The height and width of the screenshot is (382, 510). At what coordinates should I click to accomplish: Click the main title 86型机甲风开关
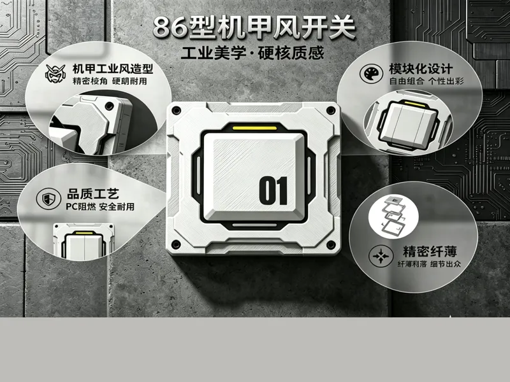254,27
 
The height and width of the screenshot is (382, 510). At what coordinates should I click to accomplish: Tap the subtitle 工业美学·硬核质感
252,53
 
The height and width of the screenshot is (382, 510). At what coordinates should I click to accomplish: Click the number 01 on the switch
273,190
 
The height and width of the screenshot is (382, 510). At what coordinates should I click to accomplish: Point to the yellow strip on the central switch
254,128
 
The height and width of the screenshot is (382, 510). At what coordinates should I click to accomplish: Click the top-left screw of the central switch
177,110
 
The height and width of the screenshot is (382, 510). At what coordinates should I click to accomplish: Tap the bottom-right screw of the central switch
331,244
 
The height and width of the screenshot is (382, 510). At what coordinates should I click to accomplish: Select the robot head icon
55,73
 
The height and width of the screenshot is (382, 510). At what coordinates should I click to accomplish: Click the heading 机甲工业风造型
113,69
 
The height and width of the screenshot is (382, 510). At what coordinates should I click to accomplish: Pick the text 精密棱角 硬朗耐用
110,81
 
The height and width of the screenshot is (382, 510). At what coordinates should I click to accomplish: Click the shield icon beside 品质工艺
48,199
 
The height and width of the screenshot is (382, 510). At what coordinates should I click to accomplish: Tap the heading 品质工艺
93,194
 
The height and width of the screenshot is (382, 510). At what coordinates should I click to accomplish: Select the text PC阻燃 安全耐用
100,206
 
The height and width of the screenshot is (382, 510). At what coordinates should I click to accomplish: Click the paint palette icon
371,73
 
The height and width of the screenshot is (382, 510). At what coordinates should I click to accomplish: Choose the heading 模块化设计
421,69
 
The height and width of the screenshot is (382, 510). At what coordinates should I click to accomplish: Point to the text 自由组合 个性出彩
426,81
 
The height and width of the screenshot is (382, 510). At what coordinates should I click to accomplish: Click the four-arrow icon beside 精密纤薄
381,257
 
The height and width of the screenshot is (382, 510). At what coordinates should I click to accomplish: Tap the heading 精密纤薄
430,251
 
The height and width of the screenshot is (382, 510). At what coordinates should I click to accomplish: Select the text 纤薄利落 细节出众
429,264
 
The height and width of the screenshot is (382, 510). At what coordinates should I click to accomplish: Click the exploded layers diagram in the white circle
393,215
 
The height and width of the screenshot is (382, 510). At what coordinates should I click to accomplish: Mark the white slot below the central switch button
254,225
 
